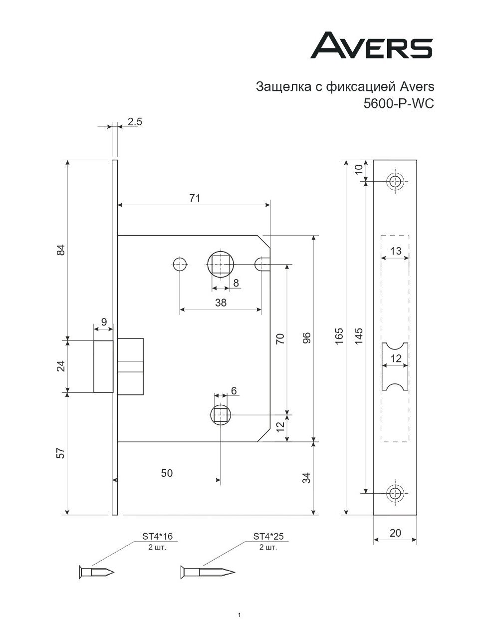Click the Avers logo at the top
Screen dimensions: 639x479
pos(371,46)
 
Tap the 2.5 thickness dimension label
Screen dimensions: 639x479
pos(135,122)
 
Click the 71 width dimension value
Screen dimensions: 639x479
pos(195,198)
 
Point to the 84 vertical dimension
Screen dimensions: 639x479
pos(61,250)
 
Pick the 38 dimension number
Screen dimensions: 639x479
pos(220,303)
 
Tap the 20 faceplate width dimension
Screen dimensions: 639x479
pos(395,533)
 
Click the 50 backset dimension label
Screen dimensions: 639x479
pos(167,473)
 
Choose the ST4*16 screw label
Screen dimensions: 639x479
pos(158,537)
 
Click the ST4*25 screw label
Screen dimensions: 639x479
pos(268,537)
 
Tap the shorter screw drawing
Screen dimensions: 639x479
pos(96,571)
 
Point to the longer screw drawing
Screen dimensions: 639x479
pos(206,571)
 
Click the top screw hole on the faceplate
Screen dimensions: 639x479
pos(395,182)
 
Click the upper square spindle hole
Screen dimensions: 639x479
pos(220,264)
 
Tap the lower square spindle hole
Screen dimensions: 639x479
pos(220,414)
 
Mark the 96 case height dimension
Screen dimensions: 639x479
pos(307,338)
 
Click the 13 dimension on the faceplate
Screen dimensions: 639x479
pos(395,251)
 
